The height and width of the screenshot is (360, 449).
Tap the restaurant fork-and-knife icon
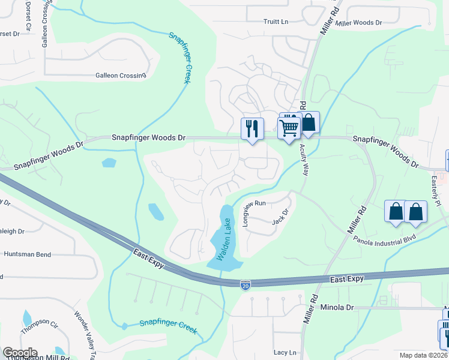[252, 128]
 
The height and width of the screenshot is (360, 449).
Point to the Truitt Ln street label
[276, 22]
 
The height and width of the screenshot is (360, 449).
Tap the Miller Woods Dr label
[359, 23]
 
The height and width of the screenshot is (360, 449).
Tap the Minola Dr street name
[337, 307]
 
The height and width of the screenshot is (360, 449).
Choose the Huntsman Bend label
[27, 254]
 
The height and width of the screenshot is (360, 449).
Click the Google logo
[20, 353]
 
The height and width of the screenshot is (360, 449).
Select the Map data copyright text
[423, 355]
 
